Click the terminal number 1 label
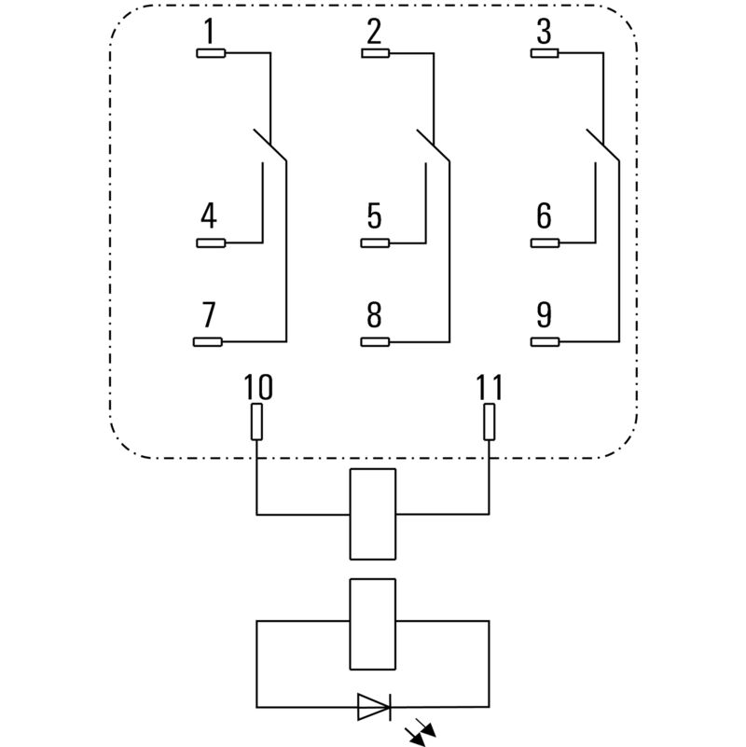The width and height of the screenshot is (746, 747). click(209, 33)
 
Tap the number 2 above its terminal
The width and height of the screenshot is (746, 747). click(374, 33)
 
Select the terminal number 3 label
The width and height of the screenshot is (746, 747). click(543, 33)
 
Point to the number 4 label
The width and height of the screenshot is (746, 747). click(209, 217)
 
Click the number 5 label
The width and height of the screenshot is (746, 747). click(374, 217)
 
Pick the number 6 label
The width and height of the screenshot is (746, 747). click(544, 217)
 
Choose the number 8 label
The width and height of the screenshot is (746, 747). click(374, 315)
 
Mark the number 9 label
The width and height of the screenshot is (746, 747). click(544, 315)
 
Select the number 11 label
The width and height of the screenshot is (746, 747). click(489, 386)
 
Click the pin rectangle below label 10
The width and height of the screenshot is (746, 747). click(256, 422)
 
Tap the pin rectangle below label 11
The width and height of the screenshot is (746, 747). click(489, 422)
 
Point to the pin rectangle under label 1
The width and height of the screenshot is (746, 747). click(210, 53)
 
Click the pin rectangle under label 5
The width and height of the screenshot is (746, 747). click(375, 244)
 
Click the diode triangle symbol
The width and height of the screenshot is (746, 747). click(373, 708)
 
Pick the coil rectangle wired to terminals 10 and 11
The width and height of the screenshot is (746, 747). click(372, 514)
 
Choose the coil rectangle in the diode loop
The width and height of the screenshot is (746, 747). click(372, 624)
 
